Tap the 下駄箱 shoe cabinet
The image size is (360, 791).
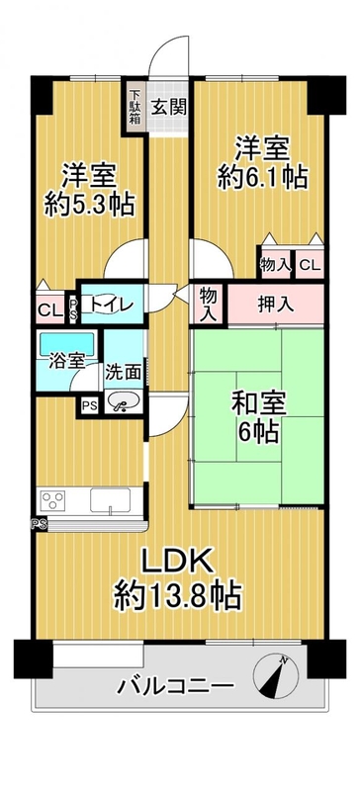pyautogui.click(x=135, y=107)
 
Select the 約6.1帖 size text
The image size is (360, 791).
pyautogui.click(x=262, y=178)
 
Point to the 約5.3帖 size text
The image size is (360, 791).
pyautogui.click(x=89, y=205)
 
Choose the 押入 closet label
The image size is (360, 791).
pyautogui.click(x=275, y=306)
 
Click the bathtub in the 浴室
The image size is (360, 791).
pyautogui.click(x=66, y=344)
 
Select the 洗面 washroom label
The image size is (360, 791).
pyautogui.click(x=123, y=373)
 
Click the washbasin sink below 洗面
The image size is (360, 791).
pyautogui.click(x=124, y=402)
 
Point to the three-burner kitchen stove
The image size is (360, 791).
pyautogui.click(x=52, y=501)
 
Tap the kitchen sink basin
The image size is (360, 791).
pyautogui.click(x=110, y=500)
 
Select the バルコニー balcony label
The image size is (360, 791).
pyautogui.click(x=176, y=686)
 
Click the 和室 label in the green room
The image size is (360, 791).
pyautogui.click(x=259, y=404)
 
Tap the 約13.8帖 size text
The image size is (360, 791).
pyautogui.click(x=176, y=595)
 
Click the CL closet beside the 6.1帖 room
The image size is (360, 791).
pyautogui.click(x=310, y=265)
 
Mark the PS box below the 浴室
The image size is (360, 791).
pyautogui.click(x=90, y=406)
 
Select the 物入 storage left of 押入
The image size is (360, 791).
pyautogui.click(x=208, y=305)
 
